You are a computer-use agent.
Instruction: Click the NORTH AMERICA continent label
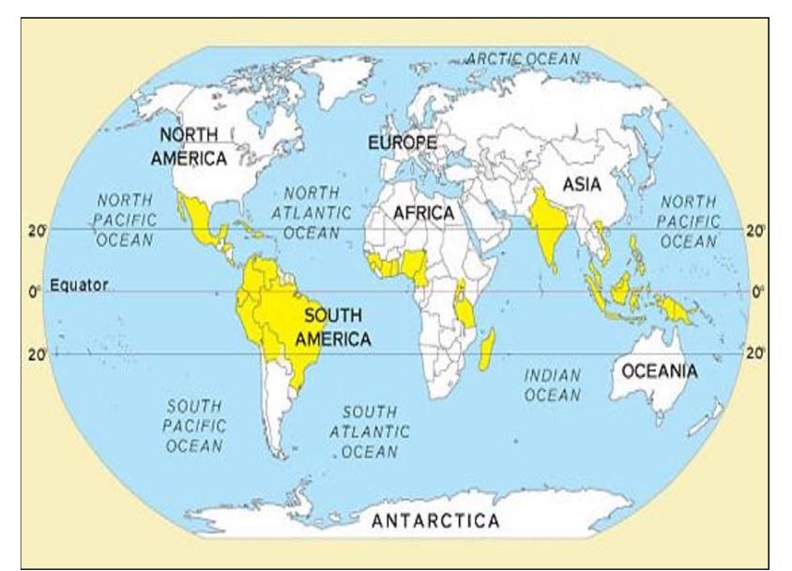[x=189, y=146]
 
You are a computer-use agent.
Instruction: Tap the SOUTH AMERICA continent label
[x=332, y=327]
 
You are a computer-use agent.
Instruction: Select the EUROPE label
[x=402, y=143]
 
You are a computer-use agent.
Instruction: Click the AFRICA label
[x=423, y=213]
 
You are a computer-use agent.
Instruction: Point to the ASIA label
[x=582, y=185]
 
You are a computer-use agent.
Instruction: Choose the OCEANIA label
[x=660, y=371]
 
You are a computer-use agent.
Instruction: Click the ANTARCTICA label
[x=435, y=520]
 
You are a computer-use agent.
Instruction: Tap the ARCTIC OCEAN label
[x=523, y=59]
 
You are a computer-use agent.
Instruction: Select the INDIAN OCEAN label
[x=552, y=384]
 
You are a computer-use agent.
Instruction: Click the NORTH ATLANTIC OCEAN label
[x=312, y=211]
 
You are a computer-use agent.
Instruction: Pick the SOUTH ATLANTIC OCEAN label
[x=369, y=431]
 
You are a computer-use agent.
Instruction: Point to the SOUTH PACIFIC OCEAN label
[x=195, y=426]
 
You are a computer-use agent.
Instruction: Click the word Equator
[x=80, y=285]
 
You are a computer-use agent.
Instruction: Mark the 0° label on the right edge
[x=757, y=292]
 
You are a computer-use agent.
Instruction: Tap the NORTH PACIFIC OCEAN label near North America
[x=124, y=219]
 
